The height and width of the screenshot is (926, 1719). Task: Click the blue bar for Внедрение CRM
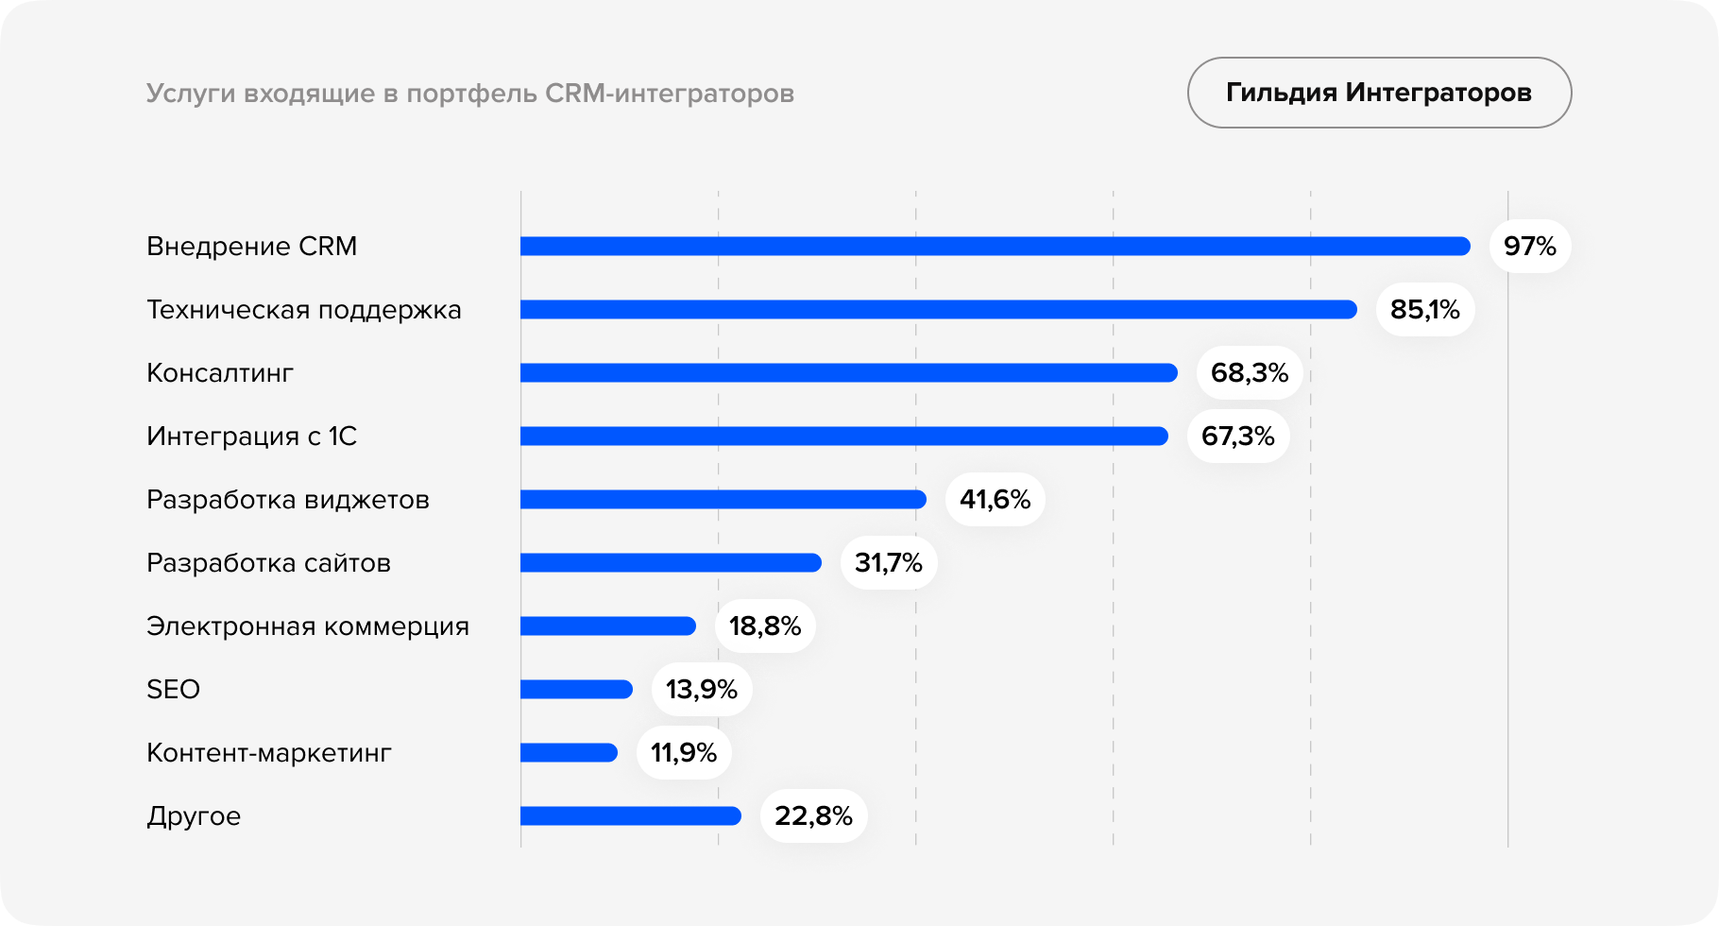point(995,247)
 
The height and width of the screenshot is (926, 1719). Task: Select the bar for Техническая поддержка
point(938,310)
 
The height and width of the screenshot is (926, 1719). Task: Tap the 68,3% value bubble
point(1249,373)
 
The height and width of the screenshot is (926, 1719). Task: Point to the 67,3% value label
point(1237,437)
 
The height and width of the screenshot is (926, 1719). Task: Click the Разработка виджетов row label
point(288,500)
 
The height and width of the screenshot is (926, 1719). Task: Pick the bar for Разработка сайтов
point(671,563)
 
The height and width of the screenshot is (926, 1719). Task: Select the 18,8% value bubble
point(764,626)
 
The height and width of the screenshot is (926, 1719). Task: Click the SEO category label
point(174,690)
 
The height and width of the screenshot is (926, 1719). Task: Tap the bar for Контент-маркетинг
point(569,753)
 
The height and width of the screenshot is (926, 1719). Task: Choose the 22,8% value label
point(813,816)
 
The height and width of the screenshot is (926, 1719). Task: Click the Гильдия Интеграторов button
point(1379,93)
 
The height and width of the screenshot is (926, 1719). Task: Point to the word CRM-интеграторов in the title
point(670,94)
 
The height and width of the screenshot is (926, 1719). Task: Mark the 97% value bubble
point(1529,247)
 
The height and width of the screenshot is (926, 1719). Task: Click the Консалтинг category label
point(220,373)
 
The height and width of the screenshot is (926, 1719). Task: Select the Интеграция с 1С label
point(251,437)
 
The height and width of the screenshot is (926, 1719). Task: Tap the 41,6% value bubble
point(995,500)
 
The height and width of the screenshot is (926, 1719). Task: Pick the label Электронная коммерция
point(308,626)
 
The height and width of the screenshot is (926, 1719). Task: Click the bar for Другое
point(630,816)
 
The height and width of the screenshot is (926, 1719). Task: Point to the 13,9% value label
point(701,690)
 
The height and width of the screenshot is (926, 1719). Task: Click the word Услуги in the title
point(191,94)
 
